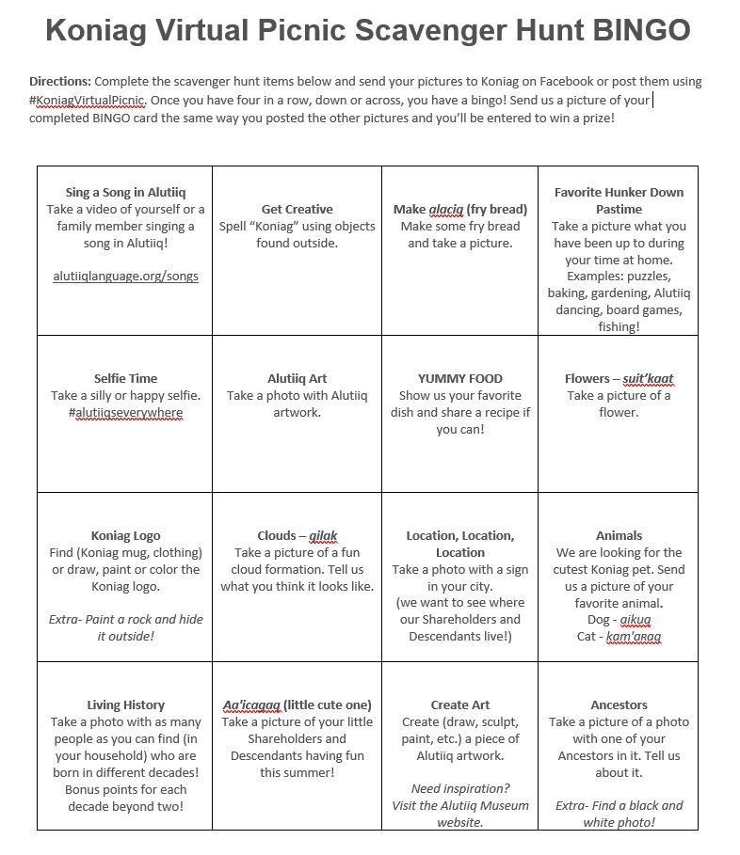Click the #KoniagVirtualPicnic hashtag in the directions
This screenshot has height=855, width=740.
(88, 100)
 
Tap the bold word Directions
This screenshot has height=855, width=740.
(60, 82)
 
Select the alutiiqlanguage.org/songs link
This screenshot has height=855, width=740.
(125, 277)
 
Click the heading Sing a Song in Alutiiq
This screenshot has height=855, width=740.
(125, 193)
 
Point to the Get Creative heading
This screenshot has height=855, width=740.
(297, 210)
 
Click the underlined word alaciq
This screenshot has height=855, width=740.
(446, 210)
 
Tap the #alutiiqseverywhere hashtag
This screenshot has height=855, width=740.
(125, 413)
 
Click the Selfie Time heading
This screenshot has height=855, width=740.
(125, 379)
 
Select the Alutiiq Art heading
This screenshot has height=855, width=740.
(297, 379)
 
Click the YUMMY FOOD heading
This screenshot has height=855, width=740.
(460, 379)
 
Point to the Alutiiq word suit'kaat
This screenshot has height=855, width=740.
(648, 379)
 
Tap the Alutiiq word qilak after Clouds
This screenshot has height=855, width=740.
(323, 536)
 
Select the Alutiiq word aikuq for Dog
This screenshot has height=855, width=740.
(636, 620)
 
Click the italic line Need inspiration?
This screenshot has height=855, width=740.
(460, 789)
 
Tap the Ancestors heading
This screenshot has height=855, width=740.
(619, 705)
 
